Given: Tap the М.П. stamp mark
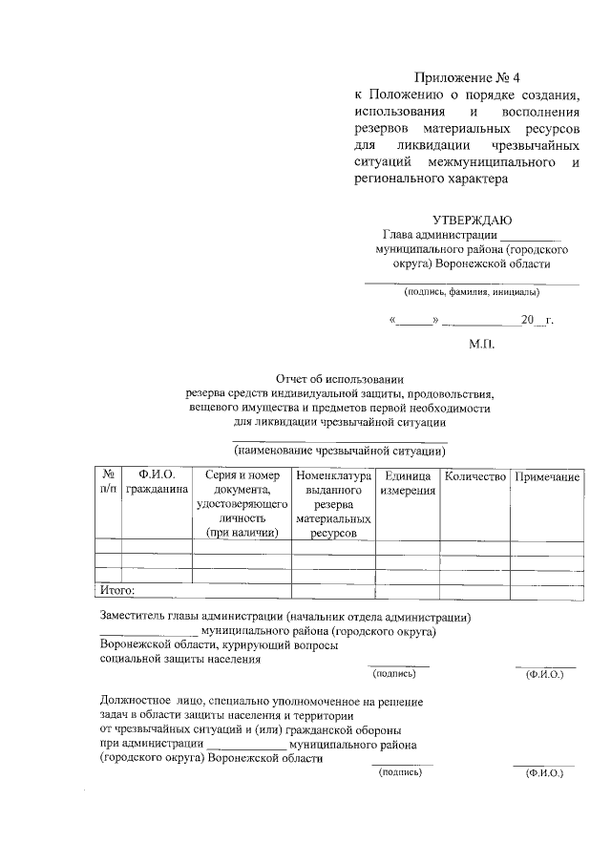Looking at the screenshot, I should pos(482,343).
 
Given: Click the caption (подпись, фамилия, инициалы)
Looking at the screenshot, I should pos(472,292).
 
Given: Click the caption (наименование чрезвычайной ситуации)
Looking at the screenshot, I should pos(341,450).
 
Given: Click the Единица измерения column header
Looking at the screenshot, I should pos(408,483).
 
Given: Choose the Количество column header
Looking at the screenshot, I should pos(475,475).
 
